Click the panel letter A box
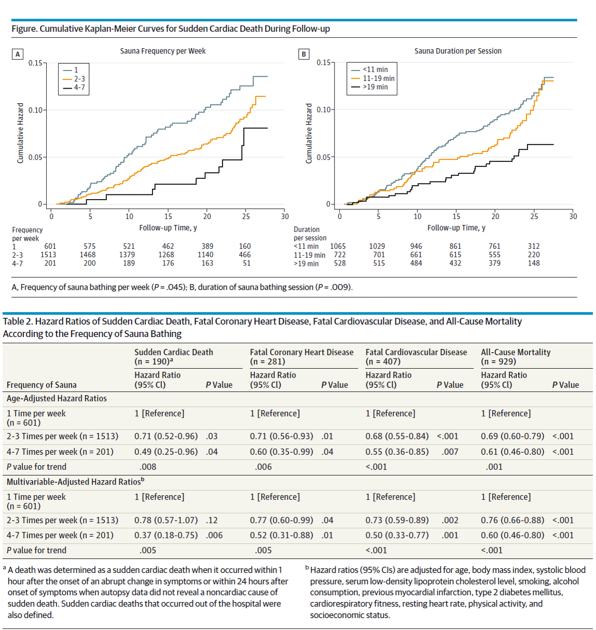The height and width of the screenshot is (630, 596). (x=18, y=54)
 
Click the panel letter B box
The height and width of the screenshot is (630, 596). (x=304, y=54)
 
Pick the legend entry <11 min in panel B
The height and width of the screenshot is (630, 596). (x=375, y=69)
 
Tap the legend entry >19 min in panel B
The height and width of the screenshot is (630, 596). (x=375, y=87)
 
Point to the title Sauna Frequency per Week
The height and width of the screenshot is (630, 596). (x=163, y=51)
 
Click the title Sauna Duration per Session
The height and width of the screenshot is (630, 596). (x=458, y=51)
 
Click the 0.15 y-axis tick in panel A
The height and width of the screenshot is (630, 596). (x=35, y=63)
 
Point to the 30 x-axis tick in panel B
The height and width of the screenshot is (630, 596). (x=573, y=216)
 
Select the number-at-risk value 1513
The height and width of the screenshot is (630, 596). (x=48, y=255)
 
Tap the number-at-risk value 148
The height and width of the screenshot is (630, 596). (x=534, y=263)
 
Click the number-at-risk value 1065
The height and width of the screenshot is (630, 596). (x=338, y=246)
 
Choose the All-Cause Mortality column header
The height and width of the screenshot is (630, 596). (x=516, y=352)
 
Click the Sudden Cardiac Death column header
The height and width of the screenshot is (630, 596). (x=174, y=352)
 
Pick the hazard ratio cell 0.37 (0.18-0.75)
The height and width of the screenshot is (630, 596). (x=166, y=535)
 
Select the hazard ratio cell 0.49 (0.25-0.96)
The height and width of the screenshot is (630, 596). (x=166, y=452)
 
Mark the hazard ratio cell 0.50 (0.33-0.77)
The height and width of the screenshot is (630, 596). (x=397, y=535)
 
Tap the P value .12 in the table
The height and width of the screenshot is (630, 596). (x=212, y=520)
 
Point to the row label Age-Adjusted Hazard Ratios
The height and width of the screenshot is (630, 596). (x=57, y=398)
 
